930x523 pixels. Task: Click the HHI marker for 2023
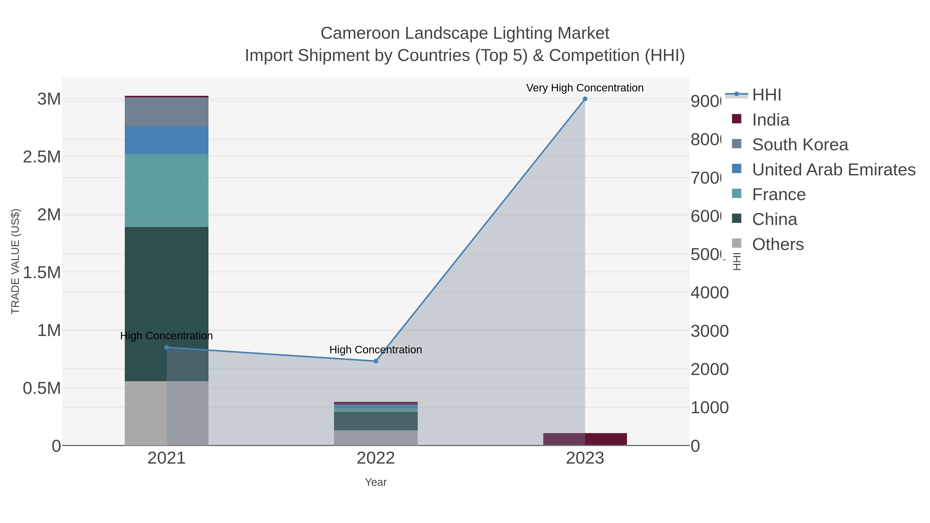(585, 99)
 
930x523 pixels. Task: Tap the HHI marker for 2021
(166, 348)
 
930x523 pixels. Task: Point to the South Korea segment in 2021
(166, 112)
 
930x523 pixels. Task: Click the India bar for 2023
(585, 439)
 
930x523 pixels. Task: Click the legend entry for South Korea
(800, 145)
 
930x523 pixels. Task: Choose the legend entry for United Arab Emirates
(833, 170)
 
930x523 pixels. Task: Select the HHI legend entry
(766, 95)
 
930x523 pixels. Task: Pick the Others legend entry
(778, 244)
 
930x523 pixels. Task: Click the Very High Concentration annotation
(585, 88)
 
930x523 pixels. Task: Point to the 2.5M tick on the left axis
(42, 157)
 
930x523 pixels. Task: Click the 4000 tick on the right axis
(709, 293)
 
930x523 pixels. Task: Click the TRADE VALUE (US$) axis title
(15, 261)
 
